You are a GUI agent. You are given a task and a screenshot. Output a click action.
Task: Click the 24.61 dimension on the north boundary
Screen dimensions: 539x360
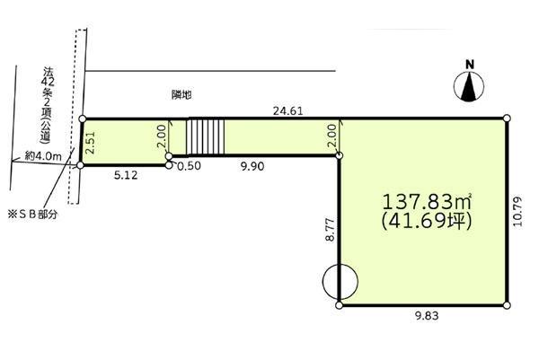287,111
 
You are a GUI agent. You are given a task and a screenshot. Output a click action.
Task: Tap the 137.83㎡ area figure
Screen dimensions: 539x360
427,202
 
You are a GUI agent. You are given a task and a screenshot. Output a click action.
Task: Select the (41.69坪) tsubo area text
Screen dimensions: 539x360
426,221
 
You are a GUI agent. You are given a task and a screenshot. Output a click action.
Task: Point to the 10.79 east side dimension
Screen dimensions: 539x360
517,211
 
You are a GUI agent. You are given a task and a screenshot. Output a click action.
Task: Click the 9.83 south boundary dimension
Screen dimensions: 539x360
427,316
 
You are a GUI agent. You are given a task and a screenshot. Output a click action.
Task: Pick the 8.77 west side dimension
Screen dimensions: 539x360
330,229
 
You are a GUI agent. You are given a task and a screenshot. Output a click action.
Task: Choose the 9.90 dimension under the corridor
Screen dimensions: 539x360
252,166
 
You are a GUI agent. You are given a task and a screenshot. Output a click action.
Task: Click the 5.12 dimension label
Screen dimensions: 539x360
126,175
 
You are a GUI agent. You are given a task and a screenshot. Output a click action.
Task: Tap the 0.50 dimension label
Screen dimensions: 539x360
189,166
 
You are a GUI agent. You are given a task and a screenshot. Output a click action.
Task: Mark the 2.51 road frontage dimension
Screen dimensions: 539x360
91,143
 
